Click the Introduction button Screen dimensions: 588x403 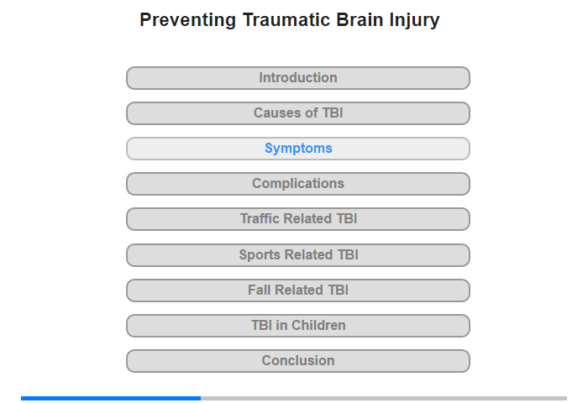pyautogui.click(x=298, y=78)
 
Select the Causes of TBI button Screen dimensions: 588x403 pyautogui.click(x=298, y=113)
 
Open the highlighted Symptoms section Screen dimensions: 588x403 pyautogui.click(x=298, y=149)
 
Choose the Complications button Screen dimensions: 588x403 pyautogui.click(x=298, y=184)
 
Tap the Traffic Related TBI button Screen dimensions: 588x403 pyautogui.click(x=298, y=219)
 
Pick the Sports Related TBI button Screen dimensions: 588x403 pyautogui.click(x=298, y=255)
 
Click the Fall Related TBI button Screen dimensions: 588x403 pyautogui.click(x=298, y=290)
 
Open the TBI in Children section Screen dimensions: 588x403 pyautogui.click(x=298, y=326)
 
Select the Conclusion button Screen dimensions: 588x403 pyautogui.click(x=298, y=361)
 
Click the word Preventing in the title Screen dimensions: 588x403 pyautogui.click(x=188, y=20)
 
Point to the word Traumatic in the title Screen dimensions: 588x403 pyautogui.click(x=286, y=19)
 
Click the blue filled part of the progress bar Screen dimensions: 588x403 pyautogui.click(x=111, y=398)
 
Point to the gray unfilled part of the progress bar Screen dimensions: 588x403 pyautogui.click(x=384, y=398)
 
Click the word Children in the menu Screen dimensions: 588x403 pyautogui.click(x=318, y=325)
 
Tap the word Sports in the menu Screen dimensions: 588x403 pyautogui.click(x=260, y=255)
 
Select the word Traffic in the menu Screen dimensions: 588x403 pyautogui.click(x=260, y=218)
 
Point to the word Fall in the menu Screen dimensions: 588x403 pyautogui.click(x=259, y=290)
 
